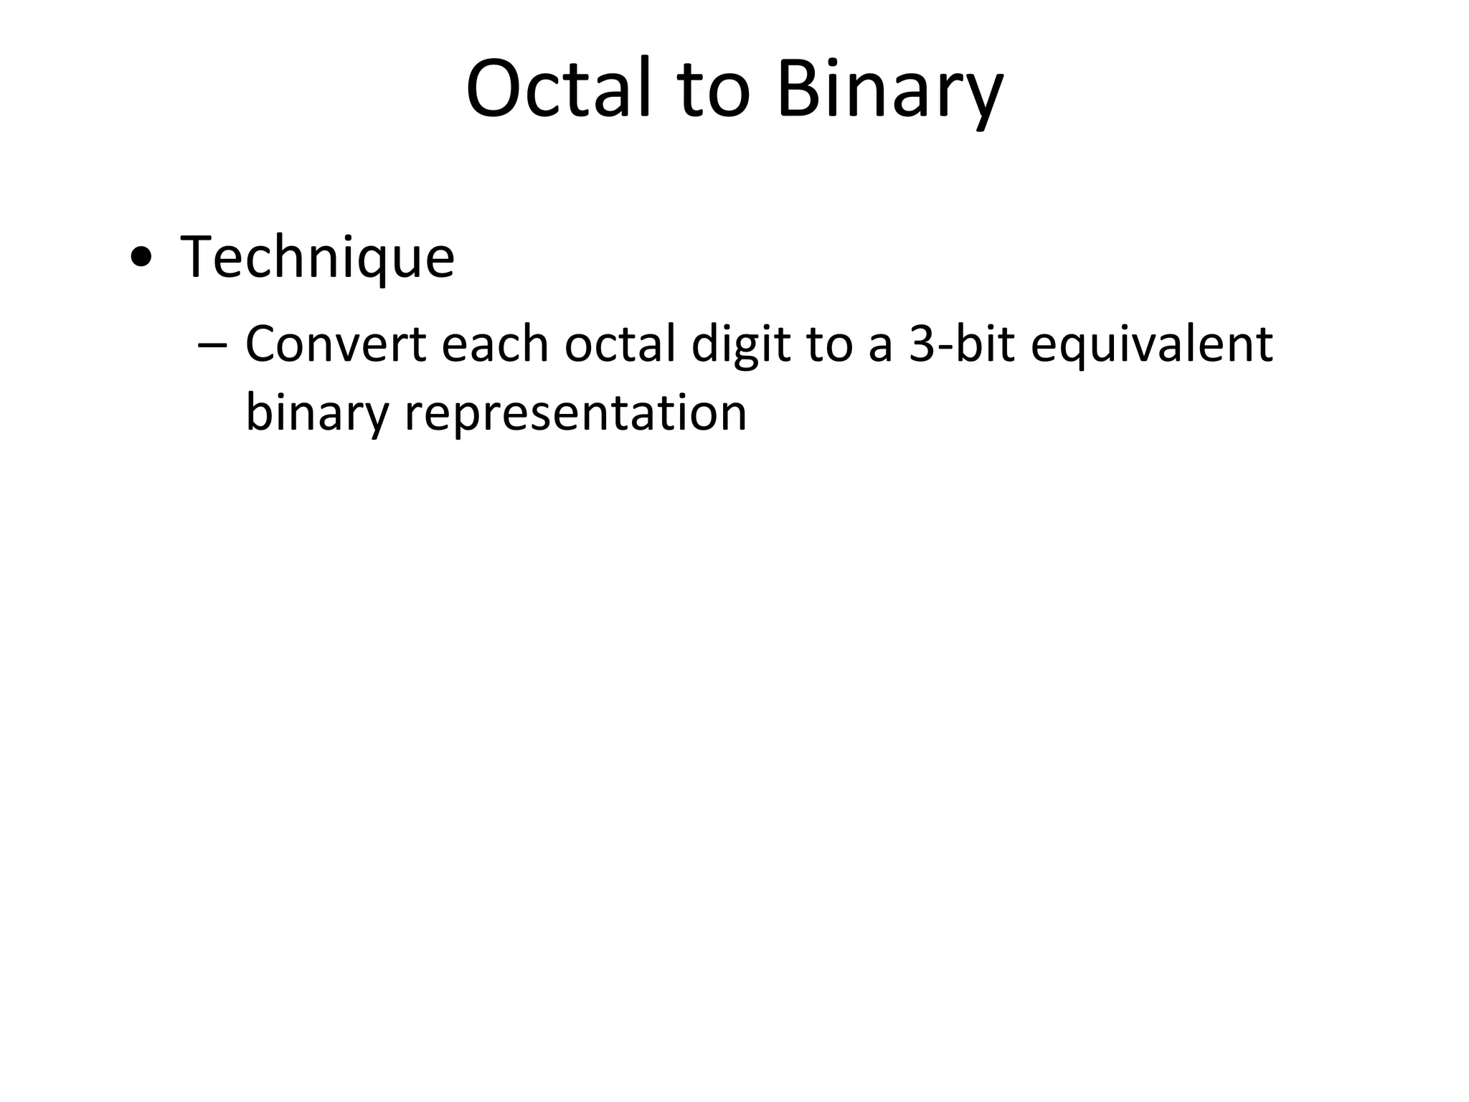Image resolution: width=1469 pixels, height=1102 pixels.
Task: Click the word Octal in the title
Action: pos(559,89)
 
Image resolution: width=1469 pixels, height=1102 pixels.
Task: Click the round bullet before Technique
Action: pos(141,258)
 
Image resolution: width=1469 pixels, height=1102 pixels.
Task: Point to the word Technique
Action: pos(318,258)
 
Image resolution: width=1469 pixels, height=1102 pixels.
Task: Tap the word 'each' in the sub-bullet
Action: pos(495,344)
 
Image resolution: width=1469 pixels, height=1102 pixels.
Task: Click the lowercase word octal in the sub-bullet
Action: pos(620,344)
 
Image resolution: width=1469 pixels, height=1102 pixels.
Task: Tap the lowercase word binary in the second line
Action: pos(316,415)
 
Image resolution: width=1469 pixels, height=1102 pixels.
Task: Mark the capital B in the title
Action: pos(797,89)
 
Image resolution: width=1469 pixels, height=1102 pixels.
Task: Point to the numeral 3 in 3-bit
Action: pos(921,344)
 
